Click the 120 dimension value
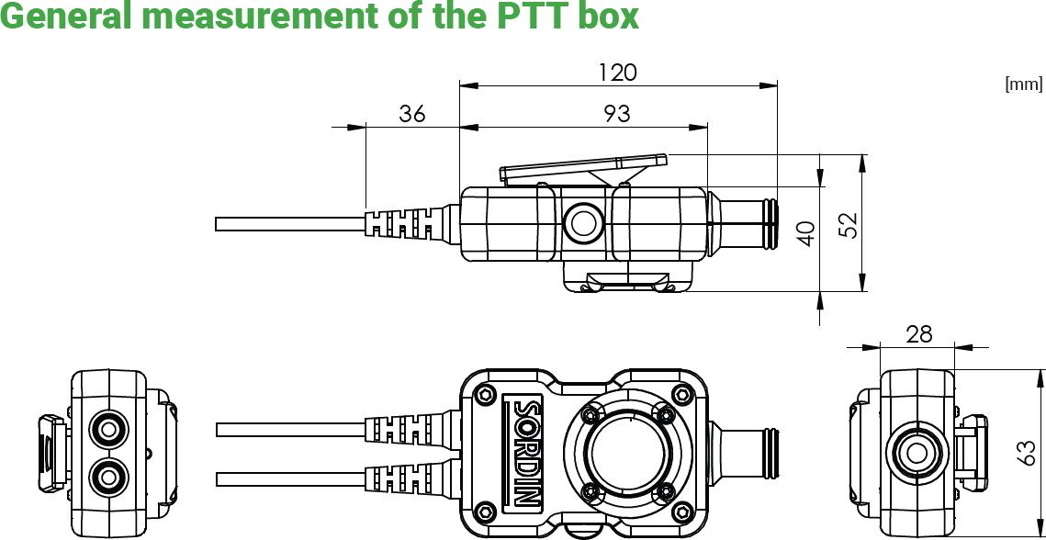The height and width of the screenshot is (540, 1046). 617,72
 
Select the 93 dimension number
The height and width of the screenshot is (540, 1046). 617,113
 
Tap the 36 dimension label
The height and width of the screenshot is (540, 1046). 412,113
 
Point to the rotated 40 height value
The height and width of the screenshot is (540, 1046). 806,232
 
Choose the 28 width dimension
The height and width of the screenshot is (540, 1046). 918,334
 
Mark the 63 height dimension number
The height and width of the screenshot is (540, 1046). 1029,452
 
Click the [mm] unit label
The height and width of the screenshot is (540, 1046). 1024,84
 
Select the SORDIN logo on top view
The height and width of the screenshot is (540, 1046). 526,451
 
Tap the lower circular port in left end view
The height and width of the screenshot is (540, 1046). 108,476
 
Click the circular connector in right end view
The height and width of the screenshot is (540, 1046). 916,452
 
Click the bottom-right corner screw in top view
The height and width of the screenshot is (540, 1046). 680,511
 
